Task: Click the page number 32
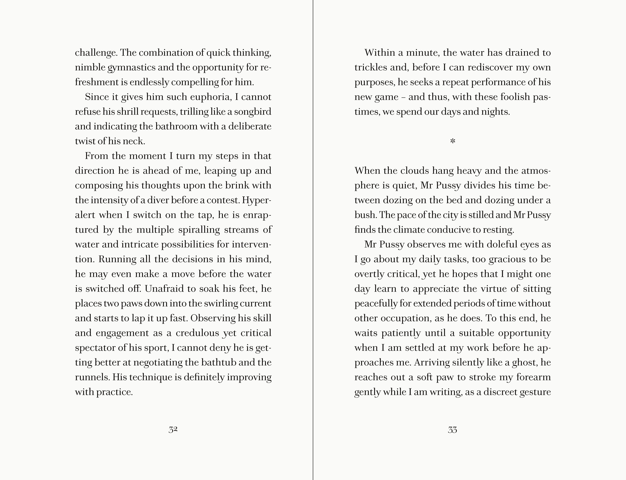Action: [173, 430]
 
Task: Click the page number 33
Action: [452, 430]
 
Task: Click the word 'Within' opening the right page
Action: [378, 53]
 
